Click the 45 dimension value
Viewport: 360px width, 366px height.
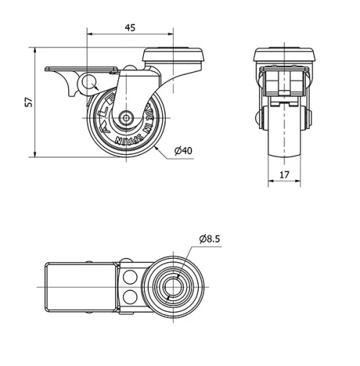click(130, 27)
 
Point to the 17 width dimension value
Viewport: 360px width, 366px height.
click(284, 174)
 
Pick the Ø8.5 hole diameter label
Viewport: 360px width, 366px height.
click(210, 238)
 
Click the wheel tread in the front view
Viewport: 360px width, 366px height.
click(284, 133)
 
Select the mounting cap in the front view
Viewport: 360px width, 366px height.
click(285, 55)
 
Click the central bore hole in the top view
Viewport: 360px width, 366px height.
click(173, 287)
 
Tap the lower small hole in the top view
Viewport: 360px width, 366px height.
click(130, 296)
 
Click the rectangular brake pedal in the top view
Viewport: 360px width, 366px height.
click(79, 287)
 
